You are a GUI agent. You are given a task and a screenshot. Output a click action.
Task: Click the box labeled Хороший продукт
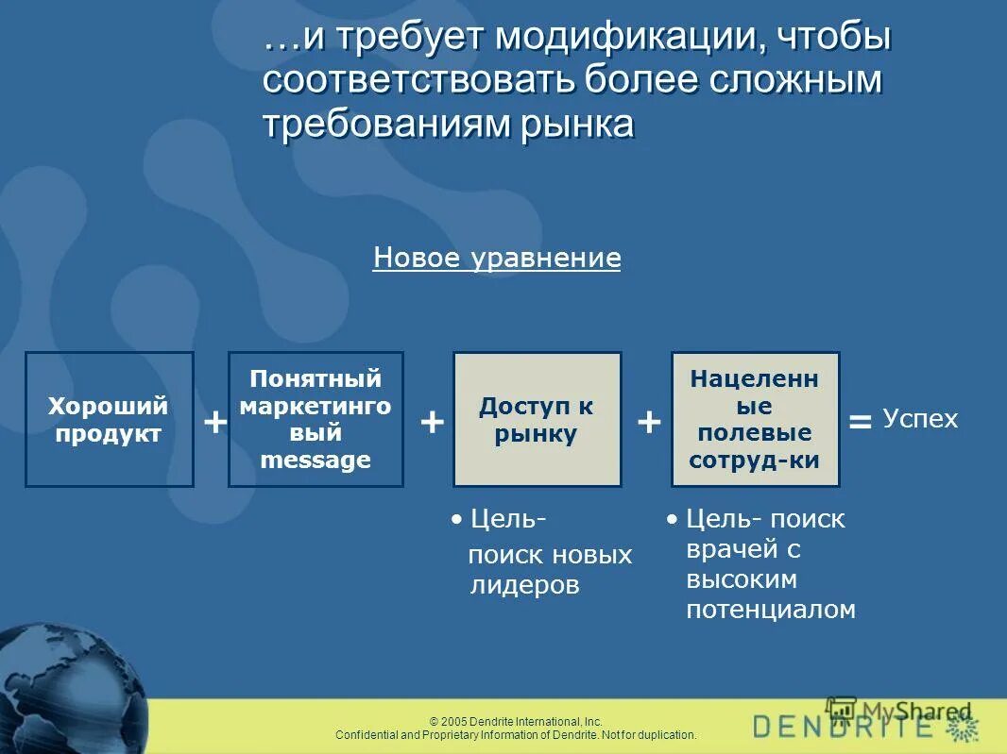tap(109, 419)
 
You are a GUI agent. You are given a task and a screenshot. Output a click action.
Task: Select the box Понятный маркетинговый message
tap(316, 419)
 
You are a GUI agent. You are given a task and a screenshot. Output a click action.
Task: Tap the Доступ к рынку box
tap(537, 419)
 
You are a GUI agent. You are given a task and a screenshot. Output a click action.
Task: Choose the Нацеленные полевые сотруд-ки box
tap(755, 419)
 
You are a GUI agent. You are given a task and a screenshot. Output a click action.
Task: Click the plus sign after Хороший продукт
tap(215, 422)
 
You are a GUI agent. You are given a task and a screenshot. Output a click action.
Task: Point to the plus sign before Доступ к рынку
tap(432, 422)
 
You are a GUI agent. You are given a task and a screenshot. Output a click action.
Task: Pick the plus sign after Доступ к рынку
tap(648, 422)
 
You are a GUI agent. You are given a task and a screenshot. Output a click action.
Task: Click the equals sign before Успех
tap(860, 422)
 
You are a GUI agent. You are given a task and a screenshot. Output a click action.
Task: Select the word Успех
tap(920, 419)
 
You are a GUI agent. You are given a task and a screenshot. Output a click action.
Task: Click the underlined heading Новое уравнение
tap(497, 259)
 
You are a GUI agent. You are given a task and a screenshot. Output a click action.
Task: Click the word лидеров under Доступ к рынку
tap(524, 585)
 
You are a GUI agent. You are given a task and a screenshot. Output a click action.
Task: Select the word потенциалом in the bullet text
tap(771, 610)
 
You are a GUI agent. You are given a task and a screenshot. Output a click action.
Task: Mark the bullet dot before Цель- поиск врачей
tap(672, 519)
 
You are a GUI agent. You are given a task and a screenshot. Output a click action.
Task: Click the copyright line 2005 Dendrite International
tap(516, 721)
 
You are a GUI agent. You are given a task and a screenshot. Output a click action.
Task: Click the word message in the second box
tap(316, 461)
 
